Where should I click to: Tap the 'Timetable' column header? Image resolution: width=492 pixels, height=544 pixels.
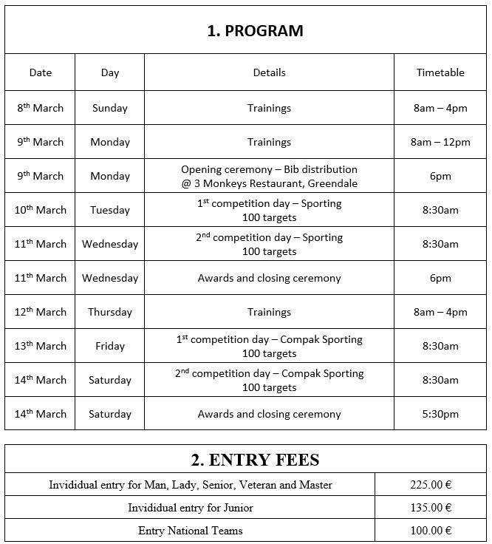(440, 72)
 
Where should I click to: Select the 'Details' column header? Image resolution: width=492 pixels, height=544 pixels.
(269, 72)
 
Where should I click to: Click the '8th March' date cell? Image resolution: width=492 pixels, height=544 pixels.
(41, 108)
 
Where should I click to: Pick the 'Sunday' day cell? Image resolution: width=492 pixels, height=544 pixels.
(110, 108)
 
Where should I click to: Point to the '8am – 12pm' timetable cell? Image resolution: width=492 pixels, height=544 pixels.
(440, 142)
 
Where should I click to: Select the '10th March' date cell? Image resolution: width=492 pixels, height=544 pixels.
(41, 210)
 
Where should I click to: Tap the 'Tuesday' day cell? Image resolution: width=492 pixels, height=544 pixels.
(110, 210)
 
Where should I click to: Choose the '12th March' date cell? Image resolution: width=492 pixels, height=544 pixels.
(41, 312)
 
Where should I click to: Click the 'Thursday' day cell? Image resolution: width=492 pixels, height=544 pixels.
(110, 312)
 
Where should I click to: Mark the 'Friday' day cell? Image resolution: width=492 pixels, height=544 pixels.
(110, 346)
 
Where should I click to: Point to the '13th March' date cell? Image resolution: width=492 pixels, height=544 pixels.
(41, 346)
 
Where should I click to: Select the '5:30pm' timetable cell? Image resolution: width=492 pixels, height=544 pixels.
(440, 414)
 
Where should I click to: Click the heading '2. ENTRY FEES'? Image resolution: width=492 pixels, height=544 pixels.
(256, 460)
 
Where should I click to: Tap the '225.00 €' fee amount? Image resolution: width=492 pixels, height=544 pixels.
(431, 485)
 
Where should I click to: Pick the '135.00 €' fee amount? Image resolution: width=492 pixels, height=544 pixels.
(431, 508)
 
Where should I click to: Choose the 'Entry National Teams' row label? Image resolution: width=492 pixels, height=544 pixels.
(190, 531)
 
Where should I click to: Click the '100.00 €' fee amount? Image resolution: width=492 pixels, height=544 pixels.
(431, 531)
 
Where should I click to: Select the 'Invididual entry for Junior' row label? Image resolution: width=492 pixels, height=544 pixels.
(190, 508)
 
